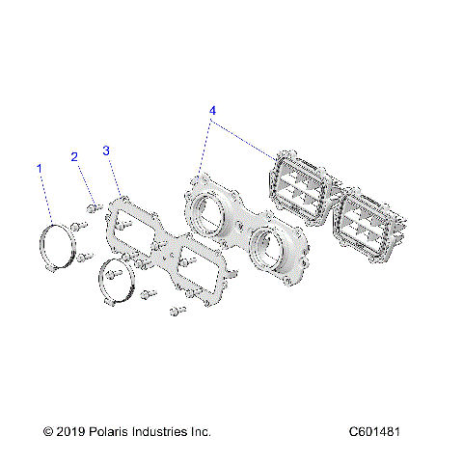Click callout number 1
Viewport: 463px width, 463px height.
click(x=40, y=169)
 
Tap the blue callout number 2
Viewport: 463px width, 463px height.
click(x=73, y=156)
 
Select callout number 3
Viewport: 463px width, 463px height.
click(x=106, y=150)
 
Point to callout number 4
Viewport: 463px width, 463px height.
click(x=212, y=112)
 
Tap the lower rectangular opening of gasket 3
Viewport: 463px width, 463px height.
click(x=199, y=272)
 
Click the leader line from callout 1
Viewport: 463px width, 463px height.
click(x=48, y=198)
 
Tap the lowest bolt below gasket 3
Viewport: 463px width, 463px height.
click(x=177, y=312)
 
